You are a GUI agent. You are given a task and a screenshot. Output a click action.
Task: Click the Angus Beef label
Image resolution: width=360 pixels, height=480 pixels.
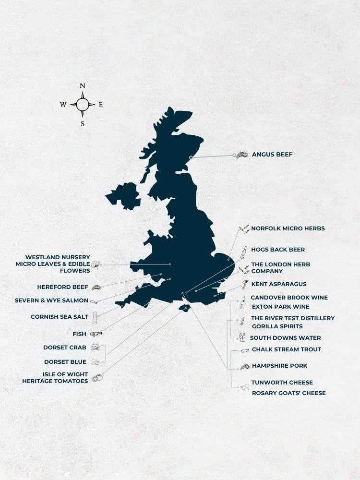tap(272, 155)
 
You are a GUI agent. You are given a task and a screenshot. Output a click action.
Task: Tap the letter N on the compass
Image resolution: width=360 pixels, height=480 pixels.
tap(83, 86)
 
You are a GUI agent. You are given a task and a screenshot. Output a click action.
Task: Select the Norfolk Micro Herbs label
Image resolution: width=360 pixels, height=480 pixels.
tap(288, 228)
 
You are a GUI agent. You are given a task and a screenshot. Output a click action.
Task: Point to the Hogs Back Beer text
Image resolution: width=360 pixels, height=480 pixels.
tap(277, 250)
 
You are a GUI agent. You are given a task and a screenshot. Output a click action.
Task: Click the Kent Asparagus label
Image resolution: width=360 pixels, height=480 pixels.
tap(278, 284)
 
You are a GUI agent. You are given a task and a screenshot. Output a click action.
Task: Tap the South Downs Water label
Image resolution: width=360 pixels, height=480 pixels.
tap(285, 338)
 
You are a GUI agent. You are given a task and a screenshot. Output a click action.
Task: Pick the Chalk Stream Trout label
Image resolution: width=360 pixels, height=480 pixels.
tap(286, 349)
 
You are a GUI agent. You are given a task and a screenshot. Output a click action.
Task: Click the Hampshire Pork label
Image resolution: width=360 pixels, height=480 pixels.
tap(279, 366)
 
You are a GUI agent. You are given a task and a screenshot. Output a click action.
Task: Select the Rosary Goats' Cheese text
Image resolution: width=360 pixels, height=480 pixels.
tap(288, 393)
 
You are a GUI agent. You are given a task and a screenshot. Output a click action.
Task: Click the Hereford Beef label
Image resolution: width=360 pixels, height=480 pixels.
tap(62, 287)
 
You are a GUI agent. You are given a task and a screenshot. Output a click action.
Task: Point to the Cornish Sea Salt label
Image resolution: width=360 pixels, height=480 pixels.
tap(60, 317)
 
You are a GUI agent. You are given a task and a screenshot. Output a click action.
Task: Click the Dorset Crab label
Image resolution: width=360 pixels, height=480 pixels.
tap(65, 348)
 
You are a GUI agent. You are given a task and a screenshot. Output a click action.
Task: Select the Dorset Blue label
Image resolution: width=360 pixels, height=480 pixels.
tap(65, 362)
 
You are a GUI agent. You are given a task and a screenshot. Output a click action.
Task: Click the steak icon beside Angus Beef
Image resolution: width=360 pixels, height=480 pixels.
tap(242, 155)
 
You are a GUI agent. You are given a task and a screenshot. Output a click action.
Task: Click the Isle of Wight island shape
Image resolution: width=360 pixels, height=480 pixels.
tap(183, 308)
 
